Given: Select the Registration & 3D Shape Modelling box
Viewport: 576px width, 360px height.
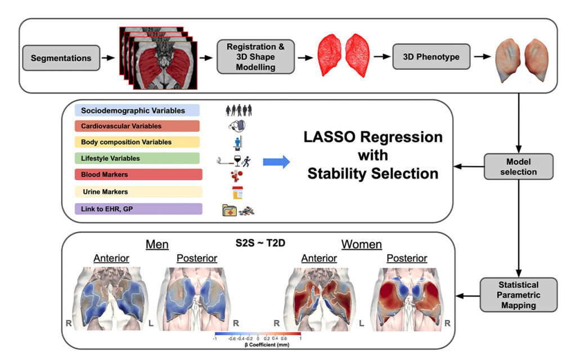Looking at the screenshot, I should point(255,57).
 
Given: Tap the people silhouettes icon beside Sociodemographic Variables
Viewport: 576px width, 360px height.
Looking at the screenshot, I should point(236,110).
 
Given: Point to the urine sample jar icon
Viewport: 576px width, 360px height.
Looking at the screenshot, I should point(237,192).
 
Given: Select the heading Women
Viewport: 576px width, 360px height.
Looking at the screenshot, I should point(361,245).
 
